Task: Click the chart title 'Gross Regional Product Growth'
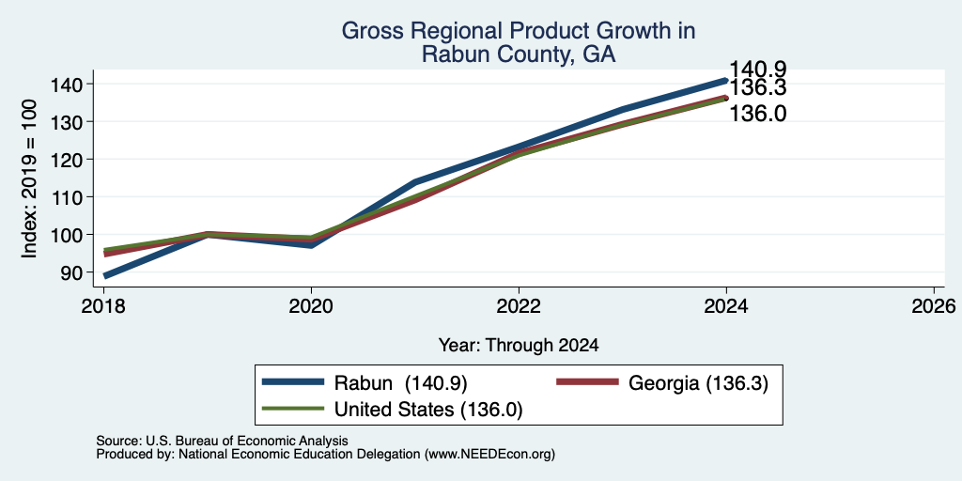click(519, 31)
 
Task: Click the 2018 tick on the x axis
click(103, 305)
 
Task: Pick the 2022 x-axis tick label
click(519, 305)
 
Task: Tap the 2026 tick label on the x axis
click(934, 305)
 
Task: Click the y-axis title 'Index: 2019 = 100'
click(29, 178)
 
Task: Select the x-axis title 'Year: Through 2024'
click(519, 346)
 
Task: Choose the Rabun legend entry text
click(400, 383)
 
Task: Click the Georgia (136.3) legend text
click(699, 383)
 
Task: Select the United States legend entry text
click(428, 410)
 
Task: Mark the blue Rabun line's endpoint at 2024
click(726, 80)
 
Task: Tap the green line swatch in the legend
click(293, 409)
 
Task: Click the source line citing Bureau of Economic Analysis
click(222, 441)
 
